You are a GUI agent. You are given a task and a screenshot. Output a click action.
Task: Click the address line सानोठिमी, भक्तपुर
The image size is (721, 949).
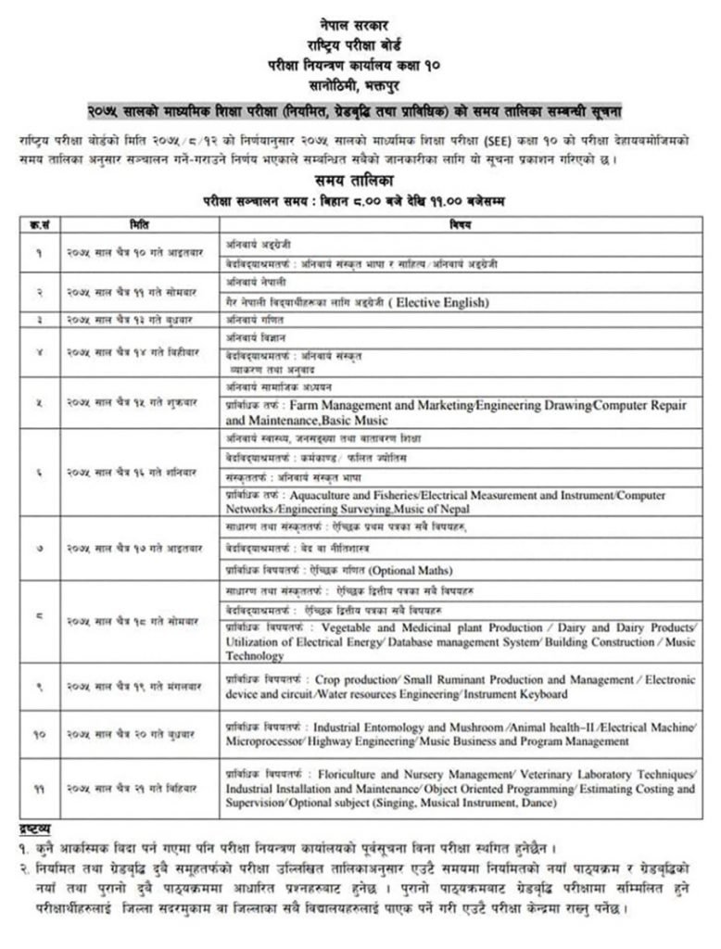tap(360, 86)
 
